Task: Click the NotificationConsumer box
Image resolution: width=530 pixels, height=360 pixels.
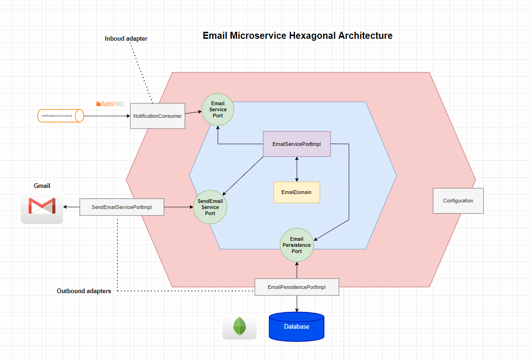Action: point(157,116)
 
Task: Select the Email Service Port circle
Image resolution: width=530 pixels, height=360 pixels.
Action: point(217,109)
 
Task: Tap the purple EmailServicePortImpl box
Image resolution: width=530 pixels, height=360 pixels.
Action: point(296,144)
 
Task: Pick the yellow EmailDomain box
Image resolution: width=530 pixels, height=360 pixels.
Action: point(296,192)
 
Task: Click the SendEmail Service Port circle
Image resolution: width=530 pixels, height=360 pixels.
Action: point(210,207)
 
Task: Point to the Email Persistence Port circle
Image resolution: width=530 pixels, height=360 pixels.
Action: point(296,245)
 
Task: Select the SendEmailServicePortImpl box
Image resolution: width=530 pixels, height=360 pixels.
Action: point(122,207)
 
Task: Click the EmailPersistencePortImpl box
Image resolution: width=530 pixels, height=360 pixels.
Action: point(296,287)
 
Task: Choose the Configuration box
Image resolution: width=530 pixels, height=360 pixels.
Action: point(458,201)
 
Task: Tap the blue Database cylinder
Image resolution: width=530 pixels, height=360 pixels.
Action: point(296,326)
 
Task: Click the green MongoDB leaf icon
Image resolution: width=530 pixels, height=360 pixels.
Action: point(239,327)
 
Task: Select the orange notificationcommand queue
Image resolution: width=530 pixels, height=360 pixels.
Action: point(60,115)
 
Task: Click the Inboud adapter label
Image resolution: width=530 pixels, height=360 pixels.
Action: point(126,39)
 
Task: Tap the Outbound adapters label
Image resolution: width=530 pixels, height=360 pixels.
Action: point(84,291)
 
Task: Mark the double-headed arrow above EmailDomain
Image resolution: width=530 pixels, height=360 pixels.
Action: point(297,169)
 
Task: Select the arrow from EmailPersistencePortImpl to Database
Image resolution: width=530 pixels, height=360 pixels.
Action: point(297,304)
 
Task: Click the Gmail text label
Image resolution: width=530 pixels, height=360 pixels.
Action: point(42,186)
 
